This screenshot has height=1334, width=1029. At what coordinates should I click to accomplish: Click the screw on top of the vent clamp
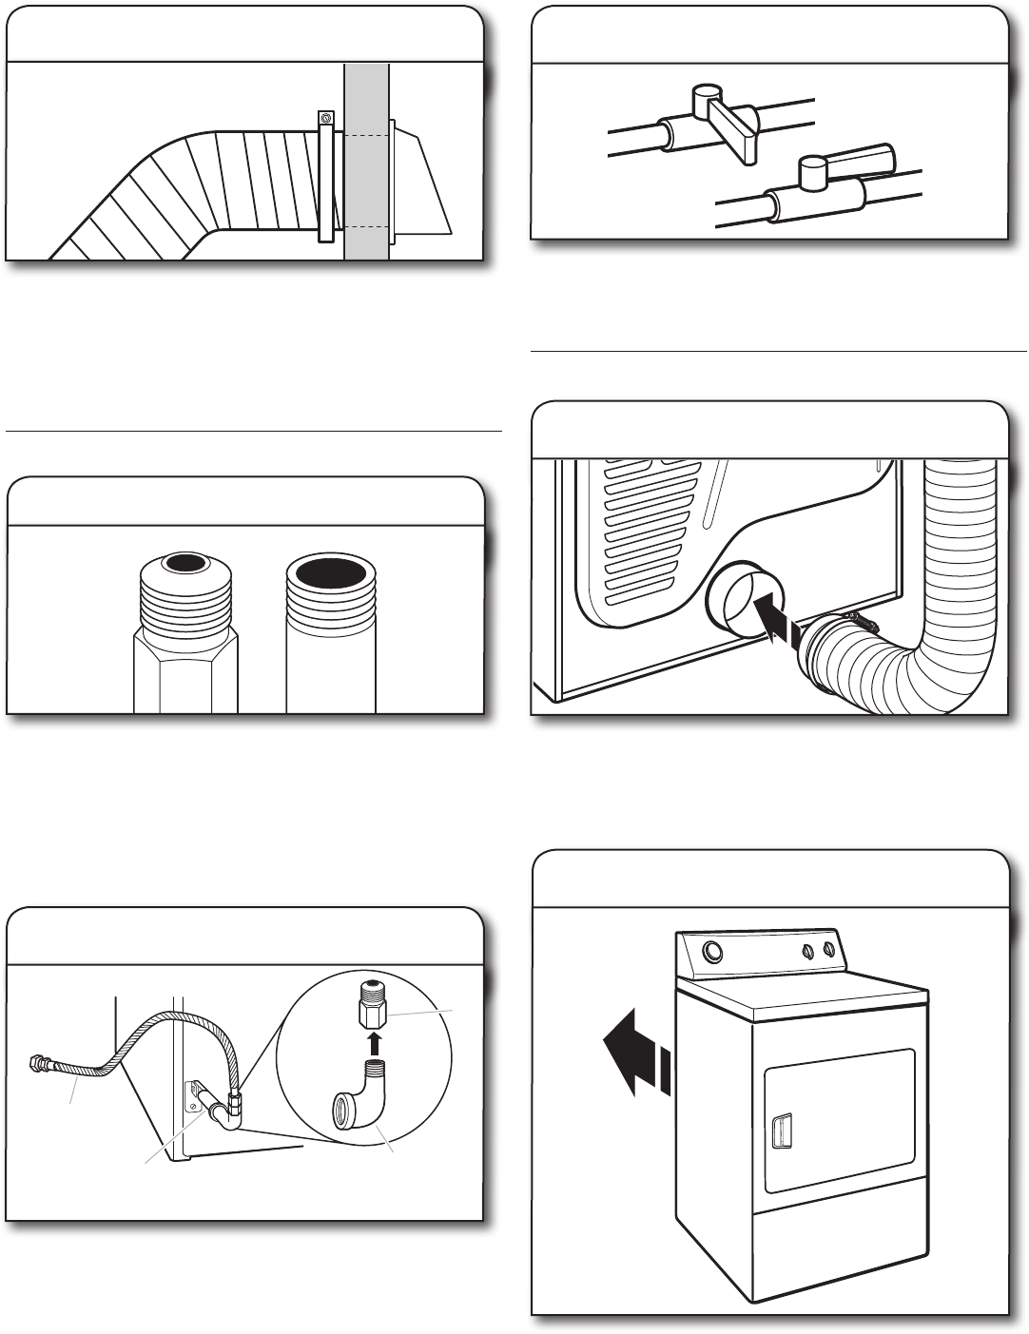point(325,118)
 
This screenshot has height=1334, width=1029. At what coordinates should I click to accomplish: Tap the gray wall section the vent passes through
point(366,190)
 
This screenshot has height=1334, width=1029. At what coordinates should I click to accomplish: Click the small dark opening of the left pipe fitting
point(180,563)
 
